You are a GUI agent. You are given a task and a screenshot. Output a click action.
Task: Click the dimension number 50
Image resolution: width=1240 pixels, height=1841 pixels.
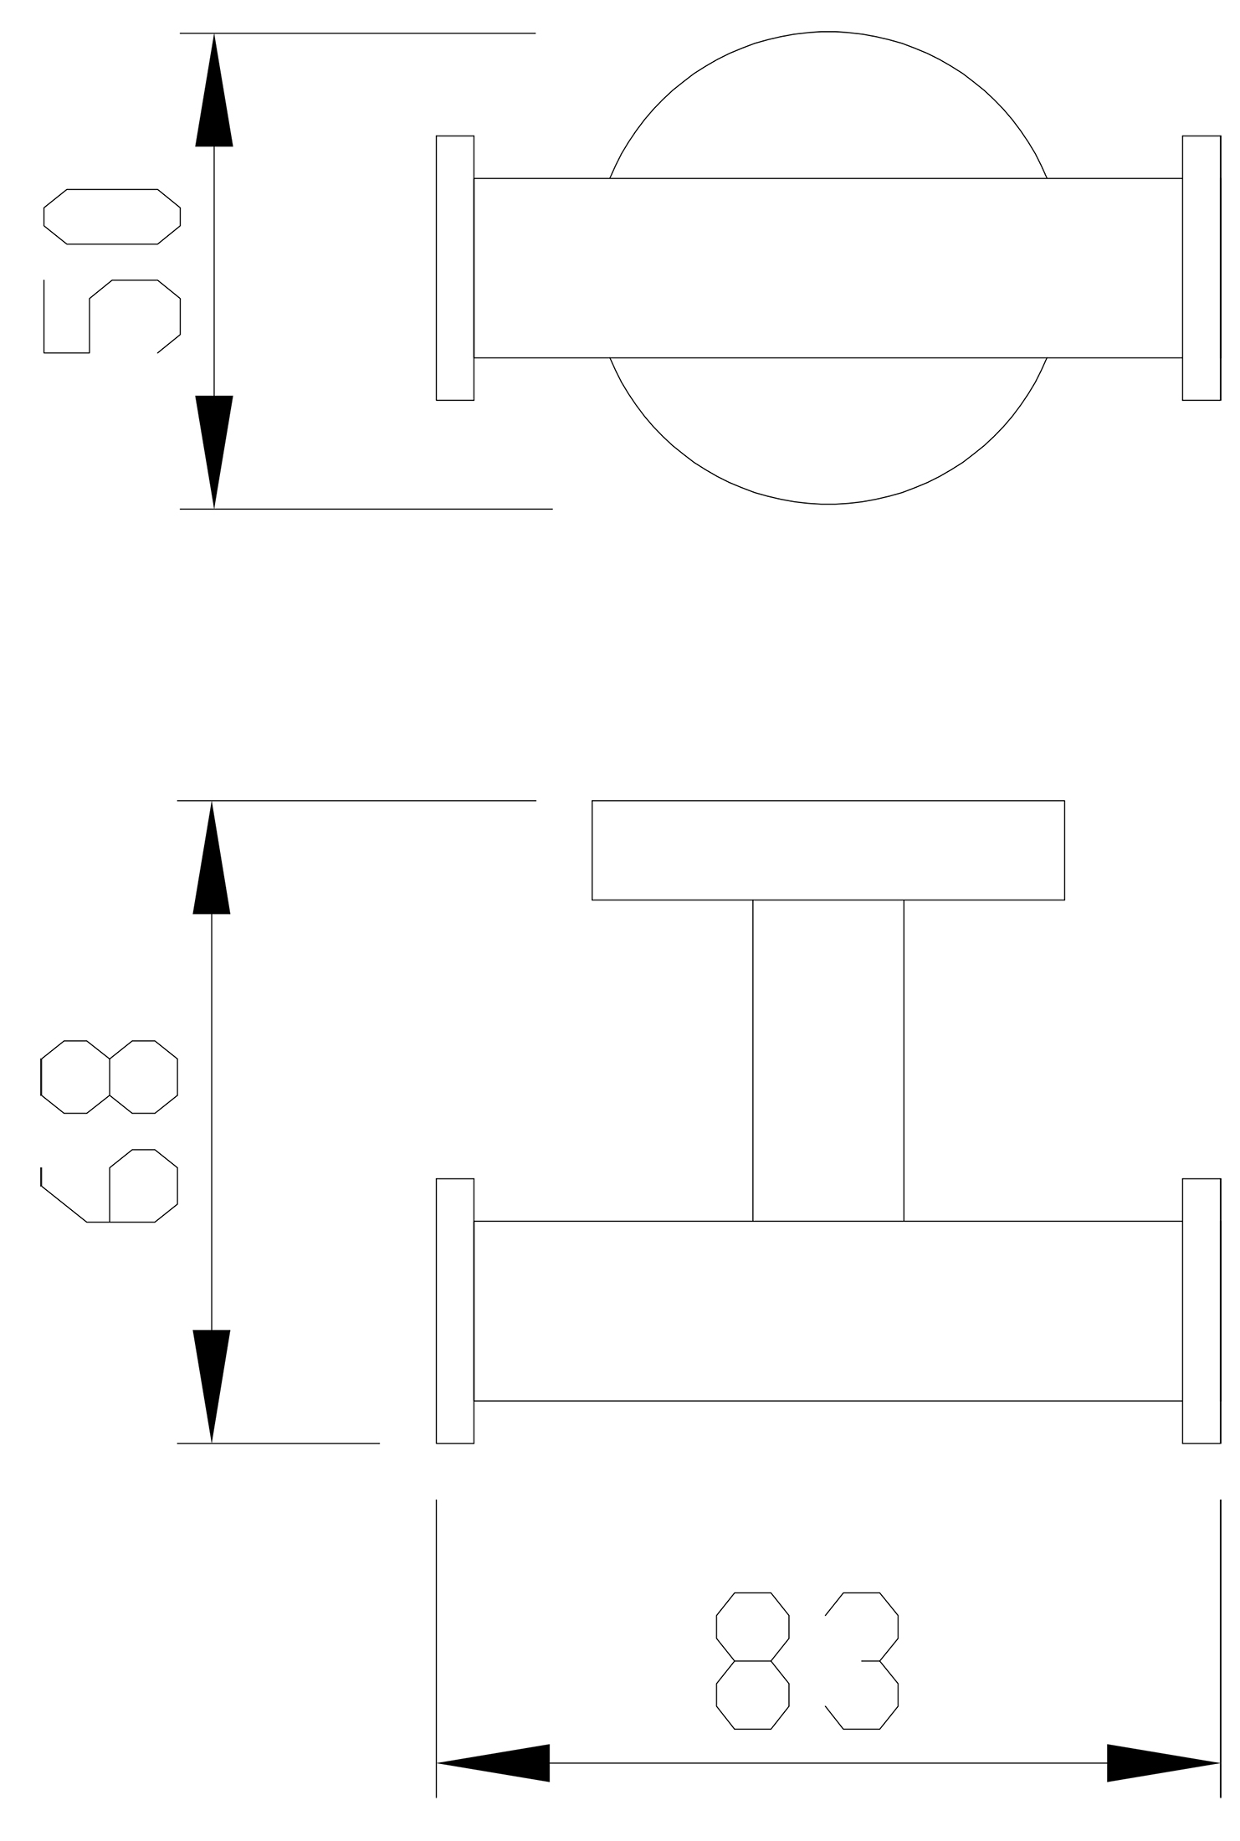(112, 271)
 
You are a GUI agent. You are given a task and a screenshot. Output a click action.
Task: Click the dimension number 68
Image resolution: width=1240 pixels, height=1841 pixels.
(110, 1131)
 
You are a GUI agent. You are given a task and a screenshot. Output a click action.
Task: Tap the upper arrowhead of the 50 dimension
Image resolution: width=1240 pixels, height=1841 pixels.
(214, 90)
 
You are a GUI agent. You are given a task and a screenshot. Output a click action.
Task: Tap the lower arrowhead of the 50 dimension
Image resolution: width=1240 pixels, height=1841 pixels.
(214, 452)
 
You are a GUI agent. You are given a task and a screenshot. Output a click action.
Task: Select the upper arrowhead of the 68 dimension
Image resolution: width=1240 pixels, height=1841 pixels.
(212, 858)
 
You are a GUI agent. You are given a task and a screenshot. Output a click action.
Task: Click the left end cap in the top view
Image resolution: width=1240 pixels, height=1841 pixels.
(455, 268)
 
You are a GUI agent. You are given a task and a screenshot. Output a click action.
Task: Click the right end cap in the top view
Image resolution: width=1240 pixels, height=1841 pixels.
(1202, 268)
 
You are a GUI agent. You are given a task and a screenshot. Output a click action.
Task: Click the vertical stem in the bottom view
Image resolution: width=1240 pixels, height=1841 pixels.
(828, 1061)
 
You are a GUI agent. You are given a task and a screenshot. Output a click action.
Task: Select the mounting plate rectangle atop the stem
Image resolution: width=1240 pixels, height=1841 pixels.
(828, 850)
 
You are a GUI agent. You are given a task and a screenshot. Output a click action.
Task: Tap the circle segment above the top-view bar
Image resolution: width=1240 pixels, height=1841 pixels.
(828, 32)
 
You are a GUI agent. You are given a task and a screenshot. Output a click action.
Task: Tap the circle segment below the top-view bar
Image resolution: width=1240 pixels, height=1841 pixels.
(828, 504)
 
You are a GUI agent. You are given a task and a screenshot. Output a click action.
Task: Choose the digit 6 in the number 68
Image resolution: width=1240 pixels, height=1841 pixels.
(110, 1186)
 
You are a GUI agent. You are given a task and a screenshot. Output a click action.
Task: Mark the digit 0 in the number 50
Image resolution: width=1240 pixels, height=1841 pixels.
(112, 217)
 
